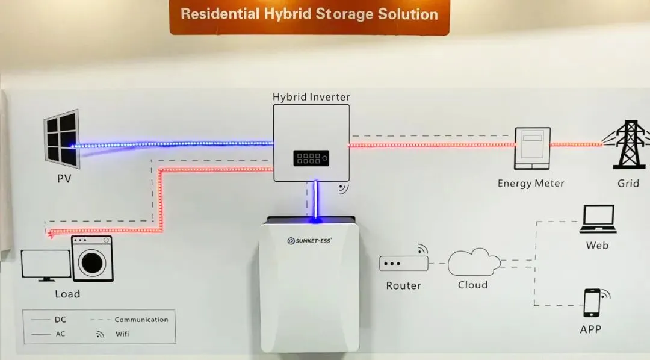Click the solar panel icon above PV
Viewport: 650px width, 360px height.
[x=62, y=139]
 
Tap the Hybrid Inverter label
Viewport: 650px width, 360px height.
[x=311, y=96]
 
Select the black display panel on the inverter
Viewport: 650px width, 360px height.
[x=311, y=158]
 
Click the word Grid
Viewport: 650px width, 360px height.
[x=628, y=183]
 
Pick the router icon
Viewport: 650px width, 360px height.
[x=403, y=263]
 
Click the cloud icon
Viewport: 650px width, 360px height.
[x=474, y=262]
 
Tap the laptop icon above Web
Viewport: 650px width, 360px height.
[x=597, y=219]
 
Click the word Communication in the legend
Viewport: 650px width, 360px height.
[x=141, y=320]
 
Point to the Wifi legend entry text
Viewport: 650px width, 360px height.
[x=122, y=334]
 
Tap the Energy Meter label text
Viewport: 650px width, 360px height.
[x=531, y=183]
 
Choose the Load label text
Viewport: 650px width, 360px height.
[x=67, y=294]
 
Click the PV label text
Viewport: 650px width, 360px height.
[x=64, y=179]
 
